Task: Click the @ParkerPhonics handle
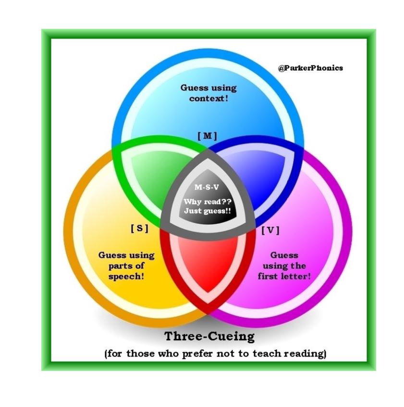point(310,68)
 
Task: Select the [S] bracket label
point(139,229)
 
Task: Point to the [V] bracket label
point(270,230)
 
